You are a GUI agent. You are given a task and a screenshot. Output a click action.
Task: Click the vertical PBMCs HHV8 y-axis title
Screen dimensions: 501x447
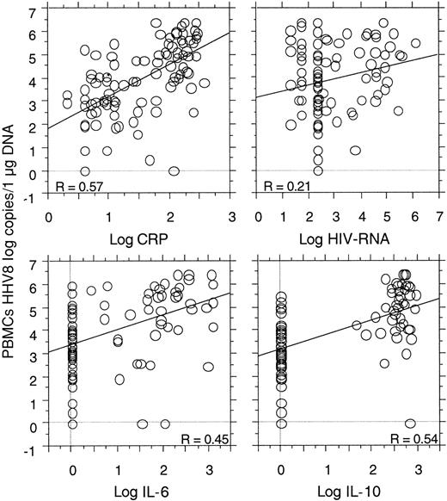[12, 250]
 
